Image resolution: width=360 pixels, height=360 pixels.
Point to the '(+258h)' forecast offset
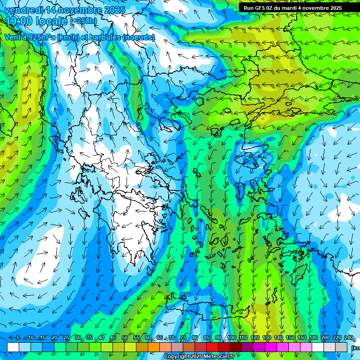[83, 21]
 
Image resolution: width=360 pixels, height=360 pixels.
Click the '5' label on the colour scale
[18, 337]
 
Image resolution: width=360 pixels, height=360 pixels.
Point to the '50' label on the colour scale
[125, 337]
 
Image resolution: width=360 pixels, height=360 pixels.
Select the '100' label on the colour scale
[231, 337]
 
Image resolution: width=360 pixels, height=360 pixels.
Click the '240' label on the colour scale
[349, 337]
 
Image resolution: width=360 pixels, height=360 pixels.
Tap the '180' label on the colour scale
[313, 337]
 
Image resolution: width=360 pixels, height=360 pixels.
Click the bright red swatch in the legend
[212, 346]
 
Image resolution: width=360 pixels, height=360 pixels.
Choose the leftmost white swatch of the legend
[13, 346]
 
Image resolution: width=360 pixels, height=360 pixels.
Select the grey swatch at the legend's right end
[342, 346]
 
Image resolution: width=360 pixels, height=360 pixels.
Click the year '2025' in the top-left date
[112, 10]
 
